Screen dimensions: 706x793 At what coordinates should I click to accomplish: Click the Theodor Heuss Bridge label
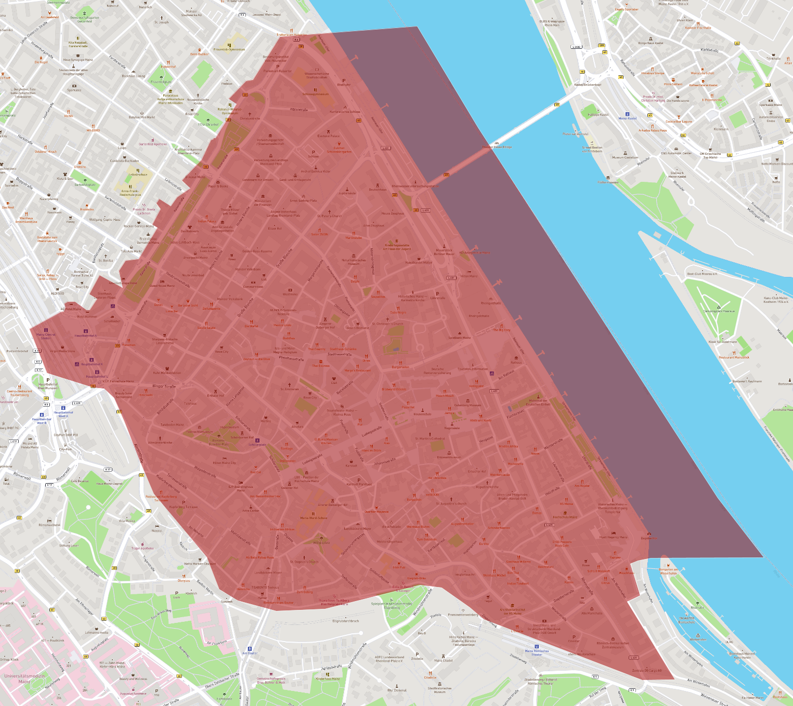[497, 147]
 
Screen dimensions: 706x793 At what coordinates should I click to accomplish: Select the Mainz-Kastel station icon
[627, 114]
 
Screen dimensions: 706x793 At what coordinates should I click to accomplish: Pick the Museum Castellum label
[625, 157]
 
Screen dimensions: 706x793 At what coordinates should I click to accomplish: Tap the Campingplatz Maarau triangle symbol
[719, 307]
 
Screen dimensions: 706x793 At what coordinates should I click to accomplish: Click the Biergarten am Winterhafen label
[668, 571]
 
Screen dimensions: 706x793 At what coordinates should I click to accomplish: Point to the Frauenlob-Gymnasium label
[229, 49]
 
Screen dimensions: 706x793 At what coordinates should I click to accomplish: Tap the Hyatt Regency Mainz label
[613, 537]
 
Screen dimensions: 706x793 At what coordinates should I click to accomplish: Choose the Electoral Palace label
[328, 136]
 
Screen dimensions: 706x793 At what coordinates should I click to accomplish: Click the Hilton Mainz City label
[224, 463]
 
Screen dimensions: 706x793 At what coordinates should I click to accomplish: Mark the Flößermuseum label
[608, 182]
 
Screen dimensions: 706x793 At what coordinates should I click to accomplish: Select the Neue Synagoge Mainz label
[78, 60]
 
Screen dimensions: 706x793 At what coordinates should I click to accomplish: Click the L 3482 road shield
[576, 47]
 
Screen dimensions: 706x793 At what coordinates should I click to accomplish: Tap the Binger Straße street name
[164, 387]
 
